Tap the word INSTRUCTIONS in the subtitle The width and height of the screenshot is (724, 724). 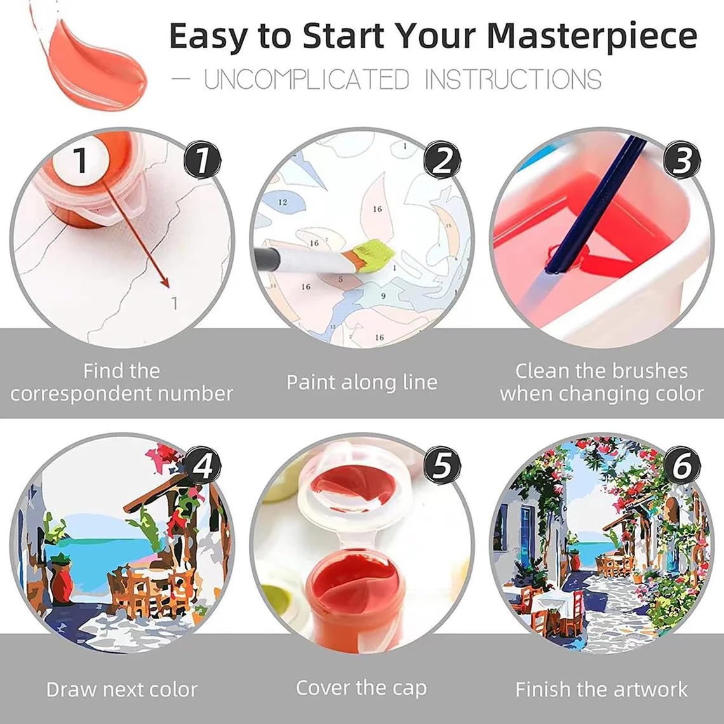513,81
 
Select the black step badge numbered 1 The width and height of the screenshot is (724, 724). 202,160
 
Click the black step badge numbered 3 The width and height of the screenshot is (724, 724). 681,160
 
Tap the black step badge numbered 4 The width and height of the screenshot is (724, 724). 202,467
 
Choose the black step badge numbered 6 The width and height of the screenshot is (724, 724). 681,467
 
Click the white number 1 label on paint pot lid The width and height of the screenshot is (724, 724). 79,161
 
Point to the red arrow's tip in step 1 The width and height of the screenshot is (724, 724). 169,287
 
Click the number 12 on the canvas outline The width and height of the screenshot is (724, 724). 283,202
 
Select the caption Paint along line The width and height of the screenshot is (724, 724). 361,382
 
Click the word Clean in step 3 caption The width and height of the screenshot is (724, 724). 543,371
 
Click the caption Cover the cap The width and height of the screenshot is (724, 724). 361,688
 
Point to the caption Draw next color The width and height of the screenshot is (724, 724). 121,689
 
